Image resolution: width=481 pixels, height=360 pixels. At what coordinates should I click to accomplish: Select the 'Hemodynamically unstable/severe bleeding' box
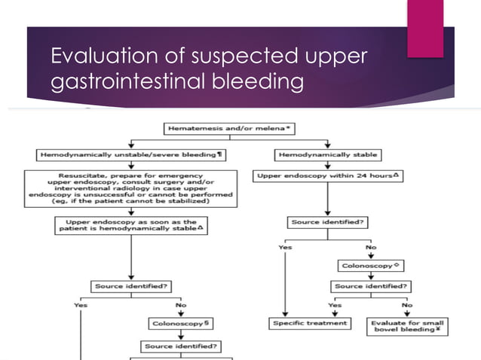[x=131, y=155]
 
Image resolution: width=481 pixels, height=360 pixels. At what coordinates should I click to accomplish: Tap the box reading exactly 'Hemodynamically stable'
[x=328, y=155]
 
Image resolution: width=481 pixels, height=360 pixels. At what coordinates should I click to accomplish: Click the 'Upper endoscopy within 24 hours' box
[x=328, y=175]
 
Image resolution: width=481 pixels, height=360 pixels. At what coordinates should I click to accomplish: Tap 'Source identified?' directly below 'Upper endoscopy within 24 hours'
[x=328, y=222]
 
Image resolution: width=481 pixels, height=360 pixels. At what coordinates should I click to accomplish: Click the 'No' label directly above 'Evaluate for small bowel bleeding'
[x=407, y=306]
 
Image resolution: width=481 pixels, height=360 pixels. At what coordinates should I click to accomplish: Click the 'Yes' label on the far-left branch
[x=81, y=305]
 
